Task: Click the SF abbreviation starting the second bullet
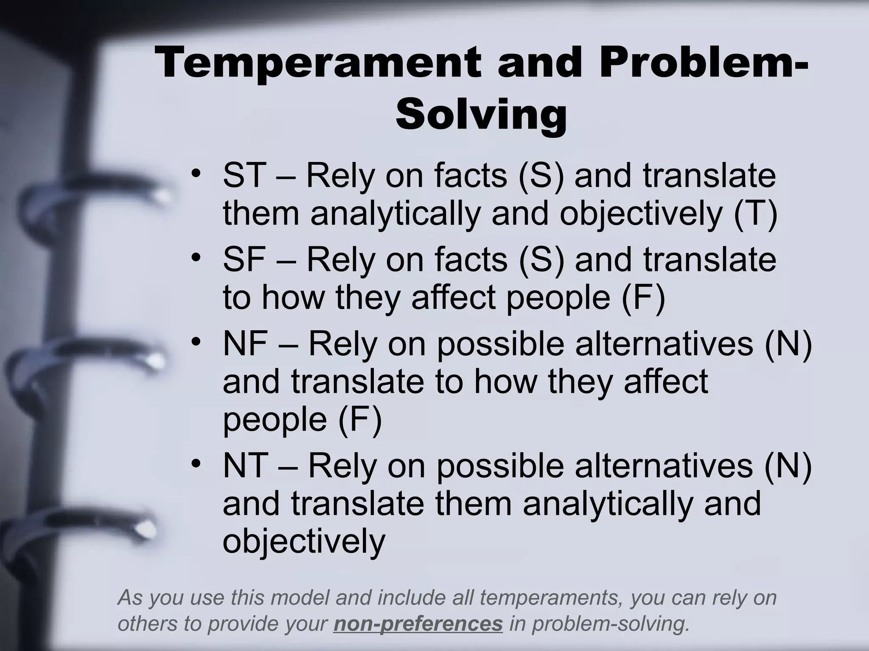(244, 259)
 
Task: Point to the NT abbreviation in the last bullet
(245, 465)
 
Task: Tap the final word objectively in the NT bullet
(304, 542)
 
